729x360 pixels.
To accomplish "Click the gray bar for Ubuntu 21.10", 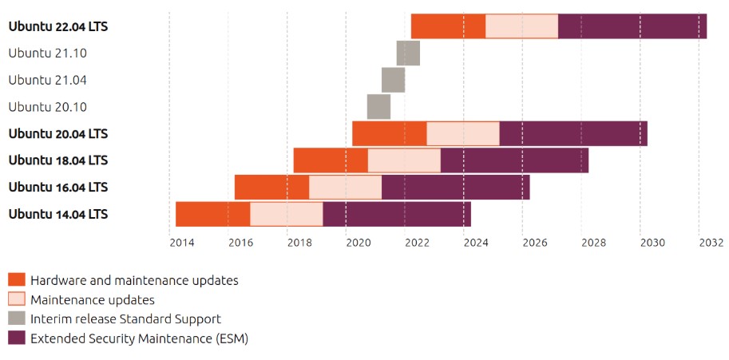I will (408, 53).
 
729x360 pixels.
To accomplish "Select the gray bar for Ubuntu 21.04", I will (393, 80).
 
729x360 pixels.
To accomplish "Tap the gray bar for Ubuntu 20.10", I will (378, 106).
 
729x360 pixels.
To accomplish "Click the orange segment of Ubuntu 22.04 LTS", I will (448, 26).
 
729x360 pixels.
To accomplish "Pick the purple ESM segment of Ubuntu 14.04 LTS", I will (397, 214).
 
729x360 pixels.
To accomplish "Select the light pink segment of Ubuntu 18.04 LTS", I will (404, 160).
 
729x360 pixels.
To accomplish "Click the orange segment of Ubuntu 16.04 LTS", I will (271, 187).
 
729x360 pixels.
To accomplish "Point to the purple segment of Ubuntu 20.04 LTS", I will (573, 133).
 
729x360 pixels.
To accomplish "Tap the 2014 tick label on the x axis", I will (181, 243).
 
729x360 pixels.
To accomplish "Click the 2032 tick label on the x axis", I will (711, 243).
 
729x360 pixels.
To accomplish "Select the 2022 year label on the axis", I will (417, 243).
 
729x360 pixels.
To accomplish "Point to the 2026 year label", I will (534, 243).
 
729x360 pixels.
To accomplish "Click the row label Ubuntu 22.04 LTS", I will (58, 26).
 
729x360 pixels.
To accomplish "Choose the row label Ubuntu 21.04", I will (47, 80).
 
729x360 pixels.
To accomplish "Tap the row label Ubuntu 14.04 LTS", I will (58, 214).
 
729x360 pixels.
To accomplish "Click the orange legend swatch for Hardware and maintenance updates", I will (17, 279).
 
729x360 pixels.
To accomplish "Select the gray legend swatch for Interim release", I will (17, 318).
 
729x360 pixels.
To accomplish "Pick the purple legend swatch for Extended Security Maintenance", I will (17, 338).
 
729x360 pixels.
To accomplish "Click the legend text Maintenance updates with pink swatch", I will (92, 299).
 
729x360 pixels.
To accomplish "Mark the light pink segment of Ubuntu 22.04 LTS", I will (521, 26).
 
